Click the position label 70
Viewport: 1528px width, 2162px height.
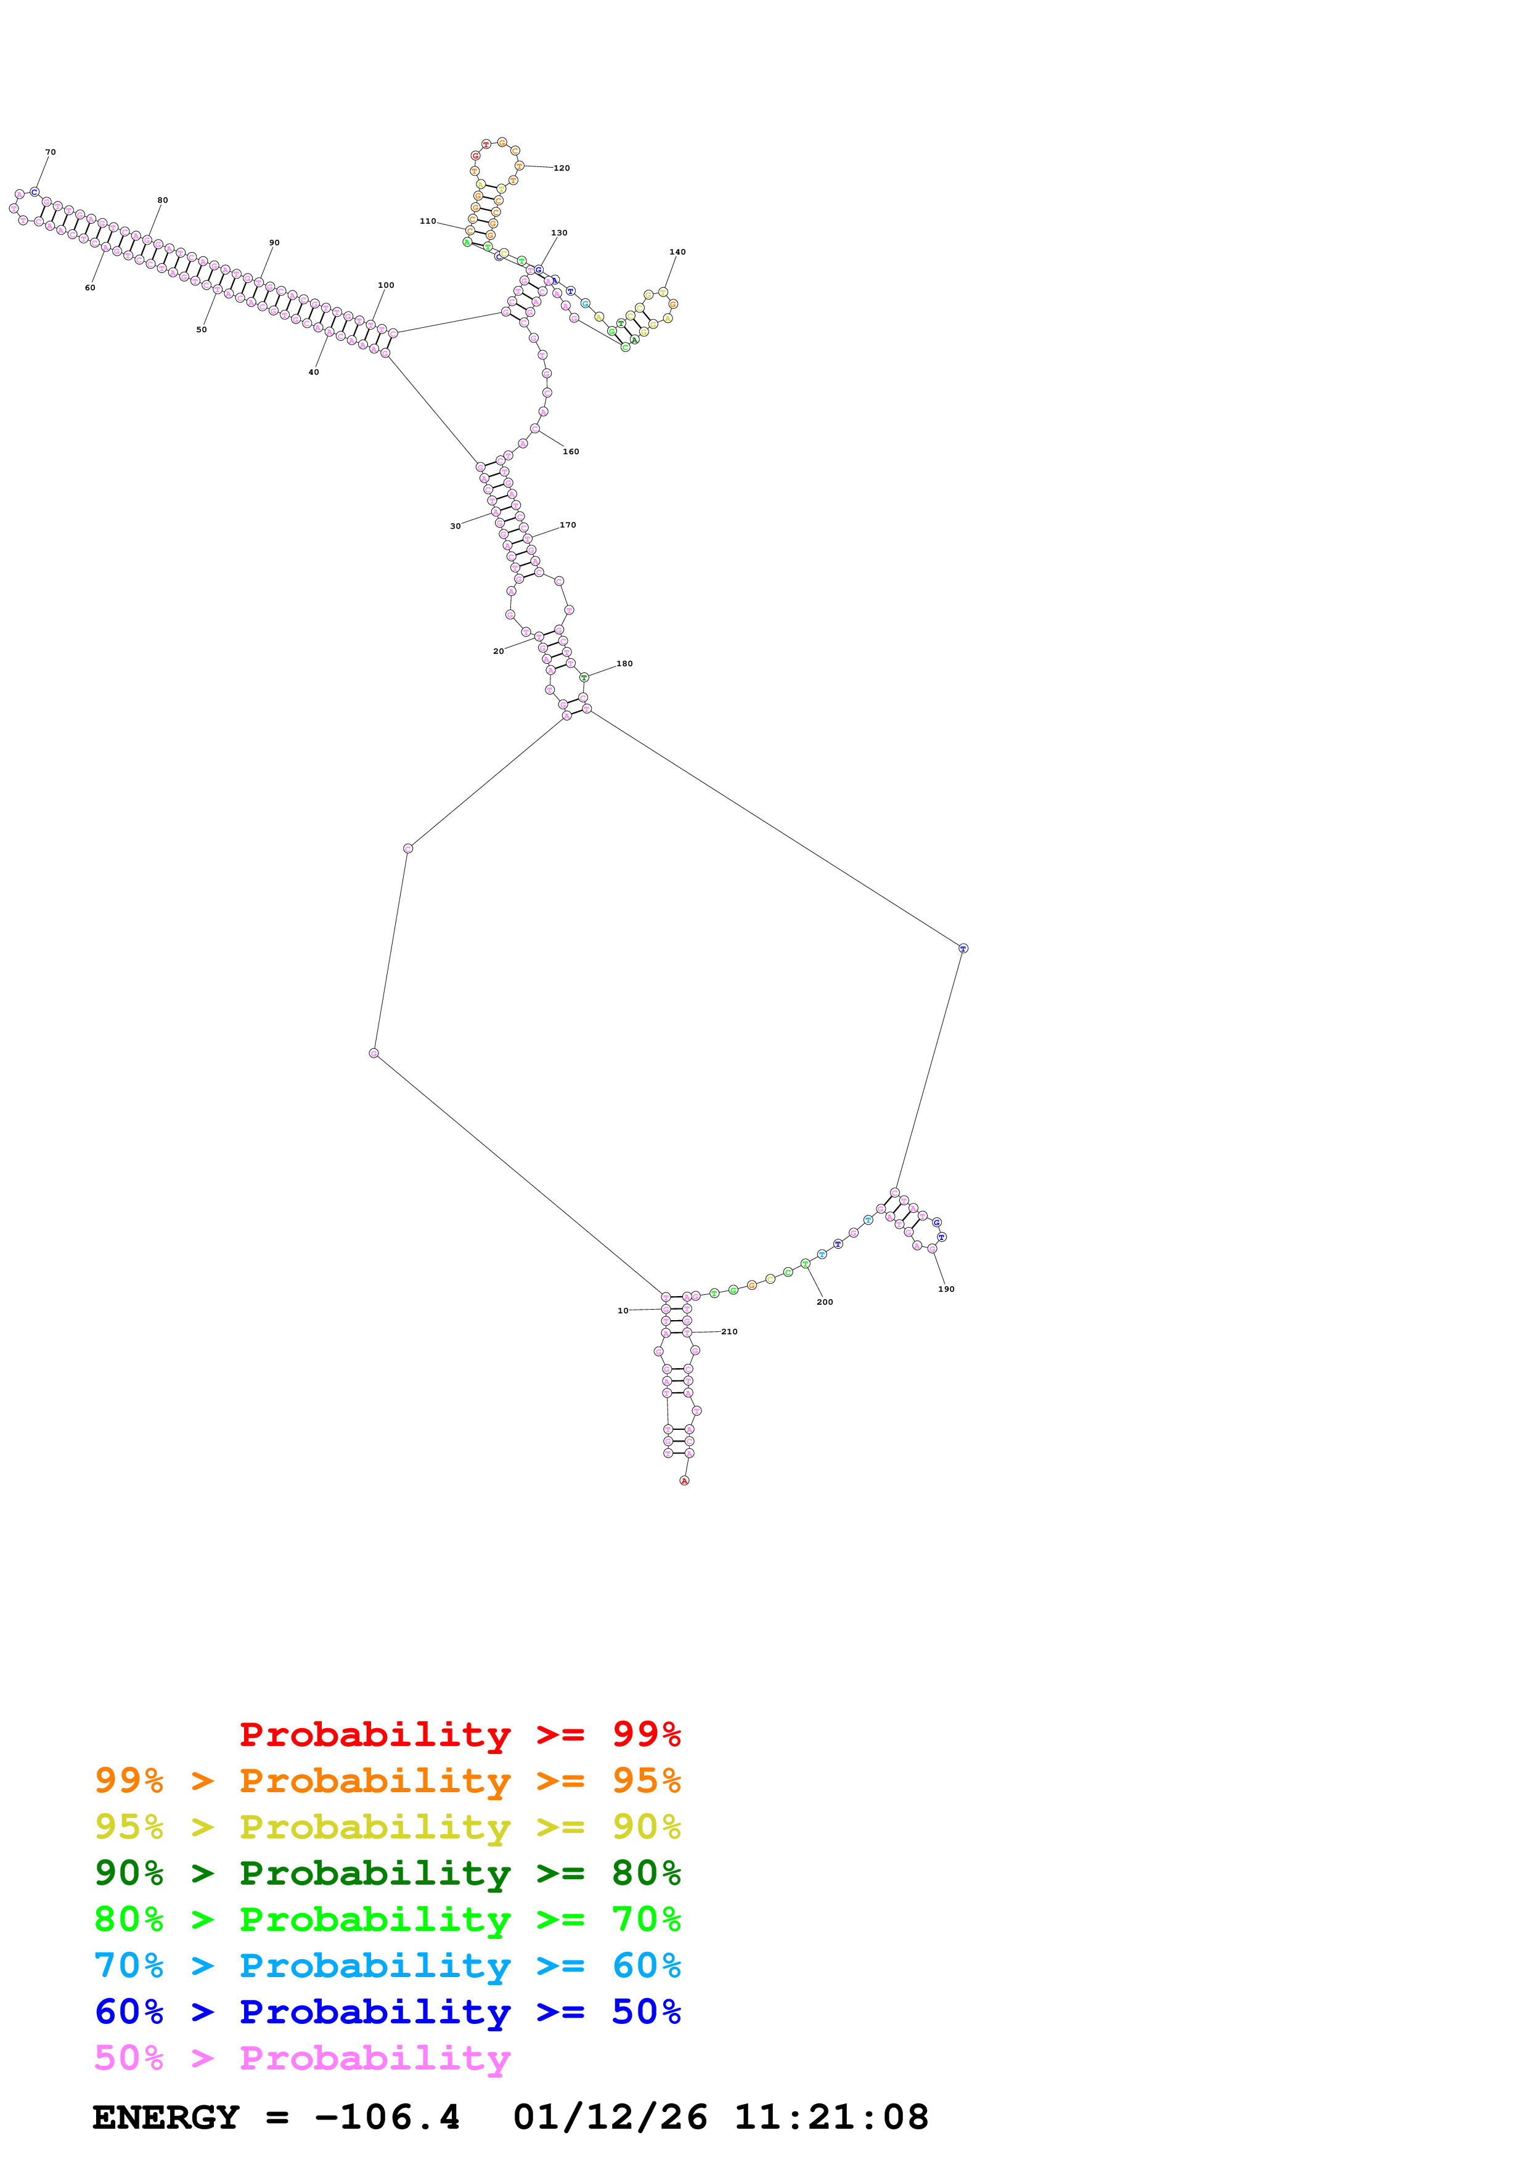(51, 152)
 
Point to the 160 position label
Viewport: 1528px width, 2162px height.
(571, 452)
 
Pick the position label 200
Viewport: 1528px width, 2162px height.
(825, 1302)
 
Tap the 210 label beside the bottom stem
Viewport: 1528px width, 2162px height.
(730, 1331)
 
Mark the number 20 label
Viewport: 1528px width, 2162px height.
(498, 651)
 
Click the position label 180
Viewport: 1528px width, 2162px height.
(624, 664)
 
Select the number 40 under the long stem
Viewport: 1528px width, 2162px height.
(314, 373)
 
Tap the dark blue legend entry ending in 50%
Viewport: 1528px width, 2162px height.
(387, 2012)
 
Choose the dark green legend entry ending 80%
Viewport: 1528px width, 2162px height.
(387, 1873)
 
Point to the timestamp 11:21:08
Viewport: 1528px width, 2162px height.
(831, 2117)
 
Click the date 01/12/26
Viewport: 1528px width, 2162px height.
(610, 2117)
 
